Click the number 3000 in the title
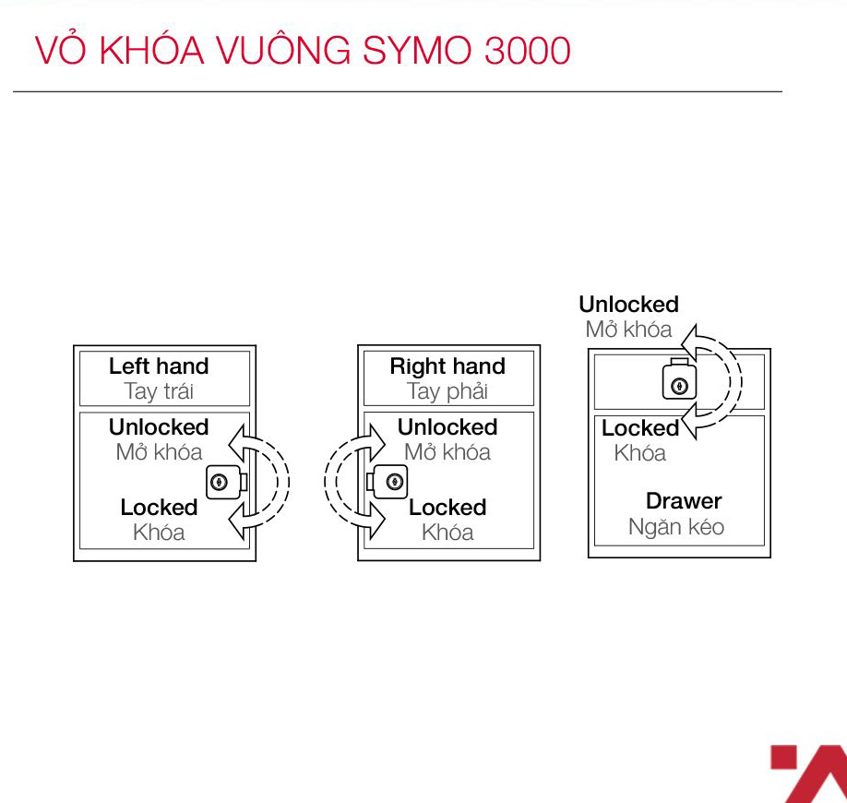point(527,51)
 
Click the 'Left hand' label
point(159,366)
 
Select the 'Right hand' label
point(447,366)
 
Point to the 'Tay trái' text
point(159,391)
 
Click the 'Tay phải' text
point(447,391)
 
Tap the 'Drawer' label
point(684,501)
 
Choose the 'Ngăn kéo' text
point(676,526)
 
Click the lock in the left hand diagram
point(226,482)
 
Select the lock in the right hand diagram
point(388,482)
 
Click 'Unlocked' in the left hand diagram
point(159,427)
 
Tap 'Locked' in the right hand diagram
point(447,508)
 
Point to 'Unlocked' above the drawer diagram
point(628,305)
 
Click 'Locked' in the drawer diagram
point(640,428)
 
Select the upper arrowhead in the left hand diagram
point(238,444)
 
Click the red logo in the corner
point(808,773)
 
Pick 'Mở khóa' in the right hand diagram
point(447,452)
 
